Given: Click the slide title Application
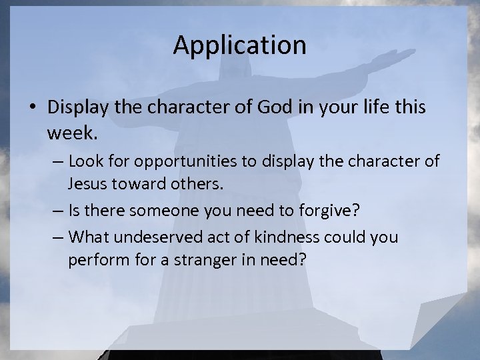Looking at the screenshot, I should [x=239, y=45].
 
